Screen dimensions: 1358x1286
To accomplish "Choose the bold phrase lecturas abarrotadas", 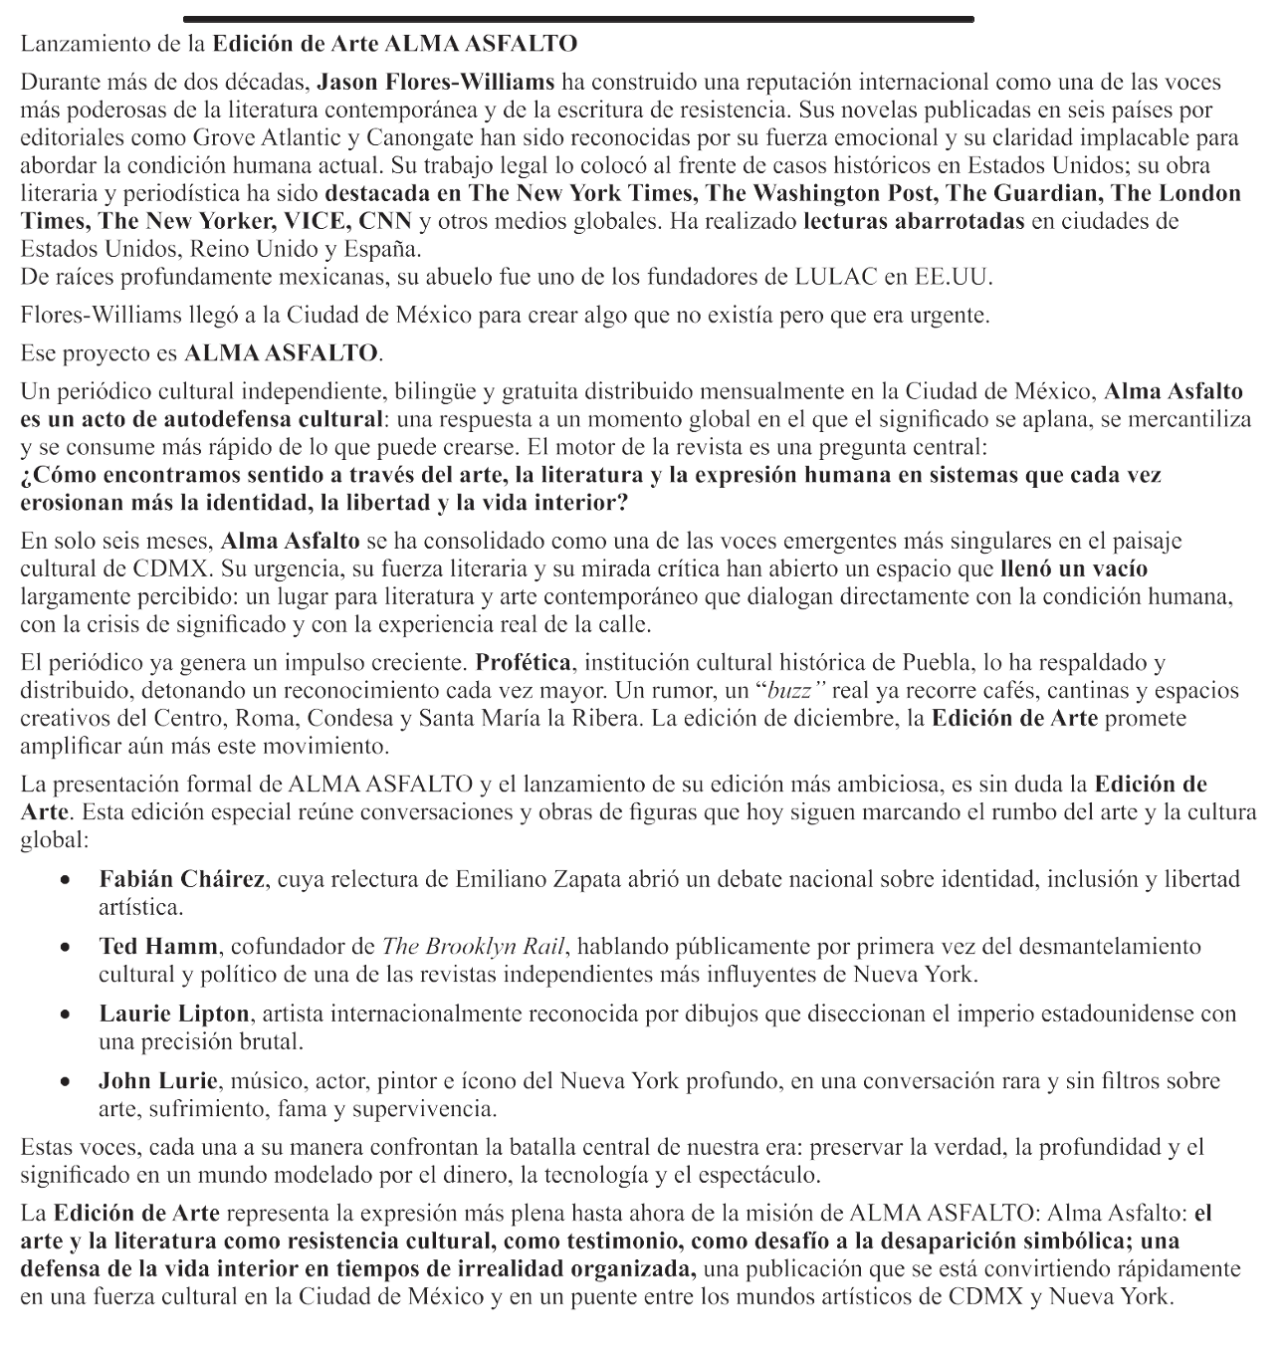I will (914, 221).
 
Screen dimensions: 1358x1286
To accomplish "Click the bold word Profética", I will (523, 662).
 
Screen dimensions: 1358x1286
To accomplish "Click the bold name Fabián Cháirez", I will (182, 879).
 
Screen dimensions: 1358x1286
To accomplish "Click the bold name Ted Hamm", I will (158, 946).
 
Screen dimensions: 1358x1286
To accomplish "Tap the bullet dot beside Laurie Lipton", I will (65, 1016).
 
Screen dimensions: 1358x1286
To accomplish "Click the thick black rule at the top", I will (577, 19).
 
